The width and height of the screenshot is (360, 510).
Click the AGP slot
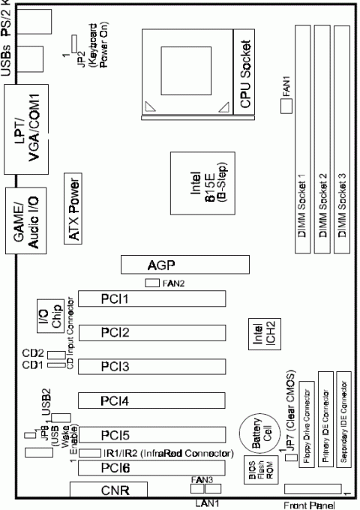(x=185, y=265)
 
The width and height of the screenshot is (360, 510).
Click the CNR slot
(x=109, y=491)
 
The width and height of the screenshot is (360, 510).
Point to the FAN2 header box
(x=152, y=283)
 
